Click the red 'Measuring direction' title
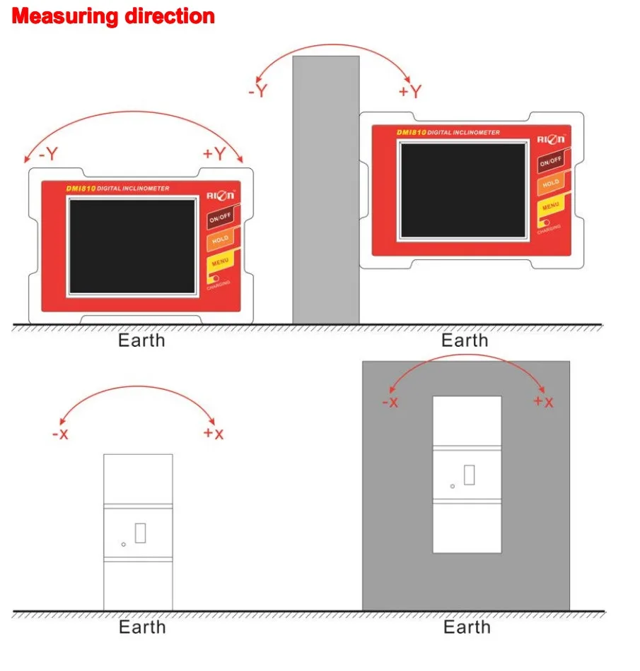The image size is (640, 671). coord(113,16)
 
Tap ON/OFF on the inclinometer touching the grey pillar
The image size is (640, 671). coord(550,162)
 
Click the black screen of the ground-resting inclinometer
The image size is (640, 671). coord(132,246)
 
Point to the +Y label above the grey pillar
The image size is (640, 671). coord(409,91)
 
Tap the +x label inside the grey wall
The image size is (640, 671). coord(543,402)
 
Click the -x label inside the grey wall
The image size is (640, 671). coord(390,402)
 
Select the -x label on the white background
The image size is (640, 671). coord(60,434)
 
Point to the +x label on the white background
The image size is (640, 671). coord(213,433)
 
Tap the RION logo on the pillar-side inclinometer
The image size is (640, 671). coord(551,139)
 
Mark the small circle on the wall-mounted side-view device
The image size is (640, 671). coord(453,486)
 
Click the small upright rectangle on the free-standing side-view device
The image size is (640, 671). coord(140,533)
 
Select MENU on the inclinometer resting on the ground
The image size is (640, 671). coord(219,263)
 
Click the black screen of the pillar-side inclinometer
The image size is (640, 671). coord(463,190)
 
